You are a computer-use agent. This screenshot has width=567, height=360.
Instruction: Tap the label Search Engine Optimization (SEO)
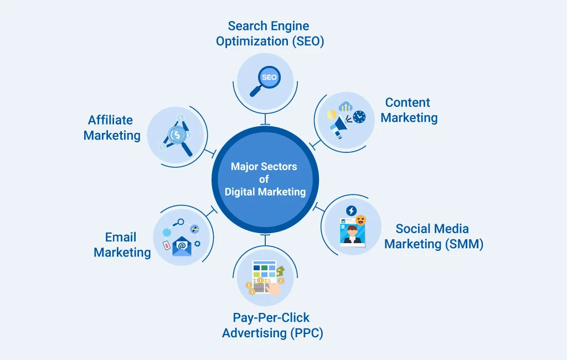coord(270,34)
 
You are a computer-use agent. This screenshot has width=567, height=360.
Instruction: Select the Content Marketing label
coord(409,110)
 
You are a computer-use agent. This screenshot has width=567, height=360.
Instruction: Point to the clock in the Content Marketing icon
coord(359,117)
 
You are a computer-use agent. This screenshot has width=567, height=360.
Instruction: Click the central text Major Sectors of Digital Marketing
coord(265,179)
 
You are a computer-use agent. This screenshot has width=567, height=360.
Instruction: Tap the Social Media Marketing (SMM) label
coord(434,236)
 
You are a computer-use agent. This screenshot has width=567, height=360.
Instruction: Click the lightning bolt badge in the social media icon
coord(350,210)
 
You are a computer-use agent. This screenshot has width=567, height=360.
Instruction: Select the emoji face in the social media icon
coord(360,220)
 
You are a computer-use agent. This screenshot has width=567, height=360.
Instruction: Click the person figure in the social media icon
coord(351,235)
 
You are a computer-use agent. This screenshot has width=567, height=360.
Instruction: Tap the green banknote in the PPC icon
coord(280,271)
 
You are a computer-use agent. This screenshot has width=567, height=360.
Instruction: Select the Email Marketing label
coord(122,245)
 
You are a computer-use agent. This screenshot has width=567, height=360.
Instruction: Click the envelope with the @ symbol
coord(182,246)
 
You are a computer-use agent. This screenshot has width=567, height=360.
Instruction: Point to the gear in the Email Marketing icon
coord(197,243)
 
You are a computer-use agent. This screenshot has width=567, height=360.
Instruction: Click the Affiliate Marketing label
coord(112,128)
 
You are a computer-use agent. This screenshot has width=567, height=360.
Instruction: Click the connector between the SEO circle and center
coord(265,119)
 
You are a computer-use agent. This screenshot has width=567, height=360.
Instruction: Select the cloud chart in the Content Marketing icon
coord(347,106)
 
